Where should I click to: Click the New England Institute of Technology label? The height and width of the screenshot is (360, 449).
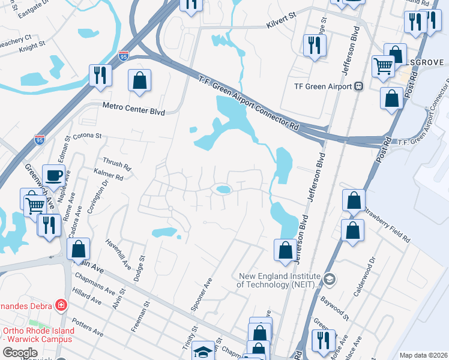tap(277, 281)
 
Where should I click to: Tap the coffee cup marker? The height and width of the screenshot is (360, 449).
tap(53, 175)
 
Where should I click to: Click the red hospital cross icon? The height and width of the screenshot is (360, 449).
tap(61, 305)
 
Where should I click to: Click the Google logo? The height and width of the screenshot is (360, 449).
tap(20, 353)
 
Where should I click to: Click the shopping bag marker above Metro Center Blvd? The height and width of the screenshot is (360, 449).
tap(139, 80)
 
